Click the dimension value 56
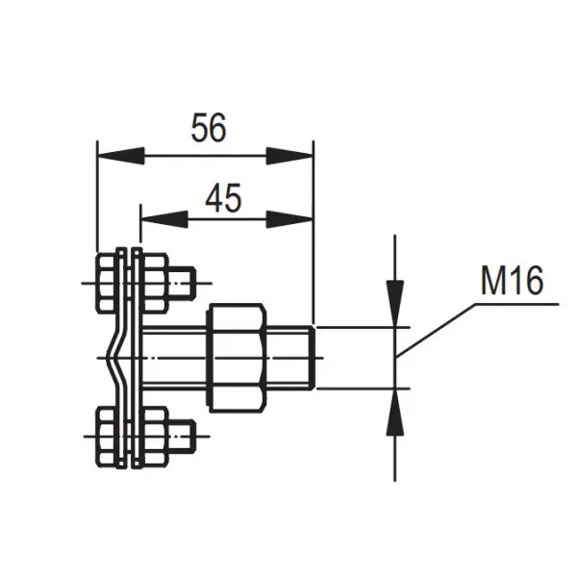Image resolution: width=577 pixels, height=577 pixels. click(209, 127)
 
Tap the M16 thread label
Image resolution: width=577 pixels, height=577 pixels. click(512, 281)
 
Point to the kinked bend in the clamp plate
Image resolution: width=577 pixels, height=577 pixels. click(116, 359)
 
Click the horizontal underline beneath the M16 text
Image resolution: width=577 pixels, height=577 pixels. click(519, 304)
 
